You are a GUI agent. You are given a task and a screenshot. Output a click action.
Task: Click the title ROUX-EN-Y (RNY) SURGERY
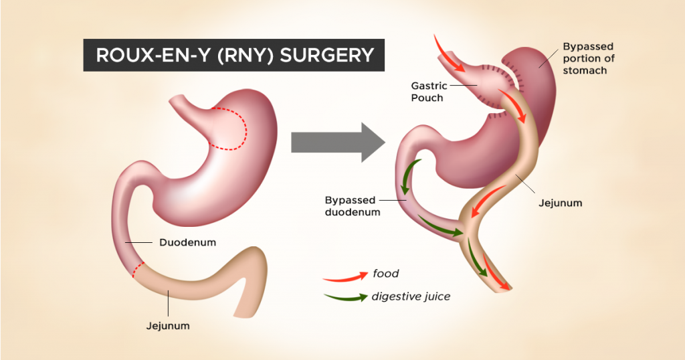click(x=234, y=55)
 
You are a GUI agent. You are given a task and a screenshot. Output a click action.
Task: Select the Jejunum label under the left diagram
click(x=168, y=326)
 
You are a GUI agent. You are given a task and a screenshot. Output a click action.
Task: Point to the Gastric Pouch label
click(x=427, y=92)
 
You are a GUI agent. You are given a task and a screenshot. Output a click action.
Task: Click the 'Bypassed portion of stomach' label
click(x=588, y=58)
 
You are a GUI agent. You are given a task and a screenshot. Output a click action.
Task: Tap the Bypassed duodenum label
click(x=353, y=206)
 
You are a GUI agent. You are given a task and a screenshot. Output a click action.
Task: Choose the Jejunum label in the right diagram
click(x=560, y=202)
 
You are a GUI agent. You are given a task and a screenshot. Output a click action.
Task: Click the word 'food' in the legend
click(x=386, y=273)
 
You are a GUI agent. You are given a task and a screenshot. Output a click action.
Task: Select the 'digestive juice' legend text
click(x=411, y=296)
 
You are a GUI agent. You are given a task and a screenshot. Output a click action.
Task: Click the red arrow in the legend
click(x=345, y=275)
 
